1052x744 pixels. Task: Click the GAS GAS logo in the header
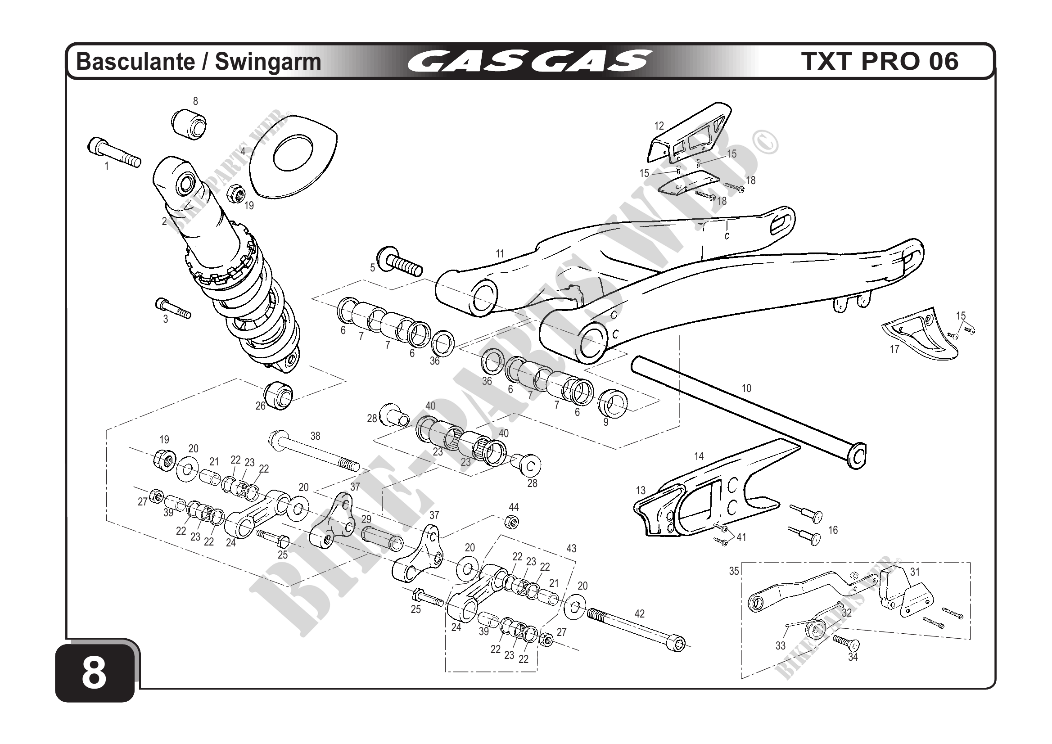(529, 62)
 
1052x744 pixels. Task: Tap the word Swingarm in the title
(268, 62)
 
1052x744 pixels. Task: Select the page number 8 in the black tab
(94, 674)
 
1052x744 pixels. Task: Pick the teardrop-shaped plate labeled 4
(293, 158)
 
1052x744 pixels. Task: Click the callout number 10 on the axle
(746, 388)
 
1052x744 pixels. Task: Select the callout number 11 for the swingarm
(500, 253)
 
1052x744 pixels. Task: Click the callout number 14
(699, 456)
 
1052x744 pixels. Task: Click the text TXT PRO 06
(880, 62)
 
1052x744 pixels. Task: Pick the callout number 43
(571, 548)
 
